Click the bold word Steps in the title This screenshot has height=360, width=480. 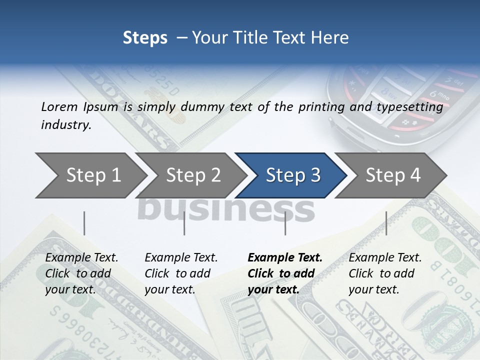[145, 37]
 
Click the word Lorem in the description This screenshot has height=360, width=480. [58, 106]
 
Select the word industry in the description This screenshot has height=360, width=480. [65, 124]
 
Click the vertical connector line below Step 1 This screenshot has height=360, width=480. [84, 223]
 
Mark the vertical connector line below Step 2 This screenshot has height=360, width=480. [184, 223]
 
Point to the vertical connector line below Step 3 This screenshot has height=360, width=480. [285, 223]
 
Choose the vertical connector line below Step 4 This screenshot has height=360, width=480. [386, 223]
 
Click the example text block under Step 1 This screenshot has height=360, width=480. [81, 273]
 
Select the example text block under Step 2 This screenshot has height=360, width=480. [180, 273]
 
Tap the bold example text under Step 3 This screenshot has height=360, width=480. [284, 273]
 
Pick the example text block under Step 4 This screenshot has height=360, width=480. [384, 273]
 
